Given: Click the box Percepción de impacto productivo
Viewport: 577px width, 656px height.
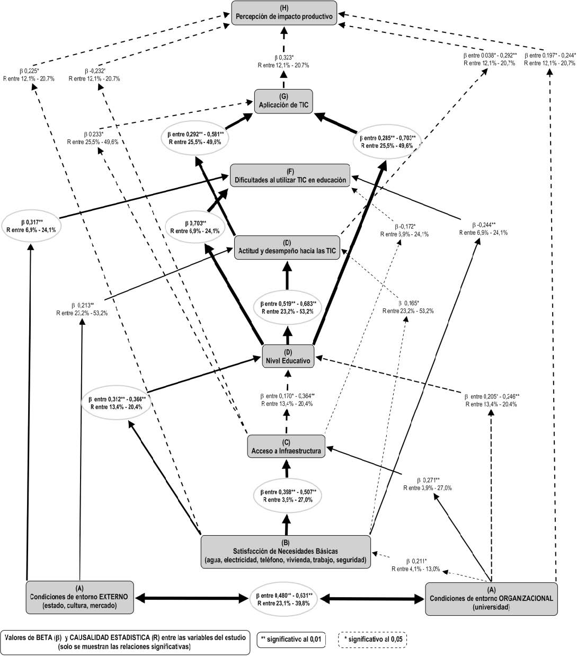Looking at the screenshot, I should pos(285,12).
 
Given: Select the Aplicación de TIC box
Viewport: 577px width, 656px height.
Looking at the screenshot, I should pos(283,100).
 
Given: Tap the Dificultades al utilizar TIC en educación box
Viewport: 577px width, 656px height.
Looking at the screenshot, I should pos(291,175).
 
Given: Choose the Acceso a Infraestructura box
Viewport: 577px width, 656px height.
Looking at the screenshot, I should pos(286,447).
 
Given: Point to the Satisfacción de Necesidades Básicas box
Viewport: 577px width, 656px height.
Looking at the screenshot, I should pos(286,551).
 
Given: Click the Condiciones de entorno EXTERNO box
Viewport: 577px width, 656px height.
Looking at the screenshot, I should pos(79,597).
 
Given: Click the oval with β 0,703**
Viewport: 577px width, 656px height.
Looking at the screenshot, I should pos(195,227).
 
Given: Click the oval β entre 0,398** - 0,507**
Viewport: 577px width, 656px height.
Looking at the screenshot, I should pos(286,495).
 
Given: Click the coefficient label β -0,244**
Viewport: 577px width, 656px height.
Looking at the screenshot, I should pos(484,228).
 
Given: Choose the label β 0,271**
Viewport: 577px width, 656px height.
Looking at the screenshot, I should pos(427,484).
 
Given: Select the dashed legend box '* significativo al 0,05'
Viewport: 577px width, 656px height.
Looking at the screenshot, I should pos(372,640).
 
